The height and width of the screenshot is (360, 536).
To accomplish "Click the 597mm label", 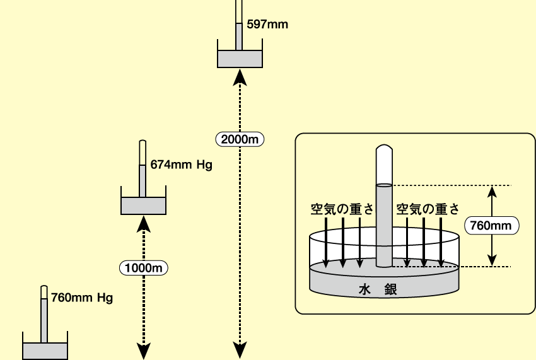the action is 267,25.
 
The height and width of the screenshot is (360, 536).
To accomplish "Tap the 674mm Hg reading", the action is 181,165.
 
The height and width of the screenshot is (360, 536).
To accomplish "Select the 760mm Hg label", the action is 82,298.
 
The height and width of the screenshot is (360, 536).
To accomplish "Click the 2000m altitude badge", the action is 240,139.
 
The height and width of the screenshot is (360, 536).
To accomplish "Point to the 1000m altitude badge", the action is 144,268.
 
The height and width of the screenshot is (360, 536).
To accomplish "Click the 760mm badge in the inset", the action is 492,225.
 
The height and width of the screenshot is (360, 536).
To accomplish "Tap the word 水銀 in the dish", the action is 378,289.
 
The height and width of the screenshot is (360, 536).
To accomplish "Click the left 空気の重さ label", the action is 342,209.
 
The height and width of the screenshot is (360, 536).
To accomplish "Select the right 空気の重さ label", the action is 428,209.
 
